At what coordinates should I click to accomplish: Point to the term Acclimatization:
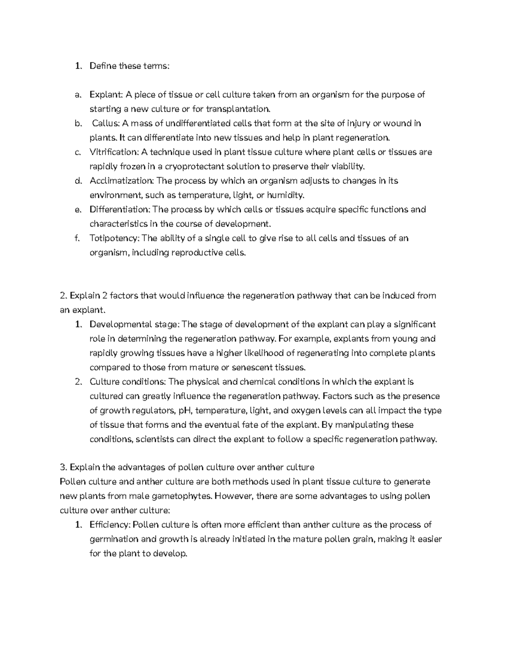tap(121, 181)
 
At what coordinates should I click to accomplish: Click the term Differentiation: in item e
tap(120, 210)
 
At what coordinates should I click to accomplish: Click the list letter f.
tap(77, 239)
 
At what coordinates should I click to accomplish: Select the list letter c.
tap(77, 152)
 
